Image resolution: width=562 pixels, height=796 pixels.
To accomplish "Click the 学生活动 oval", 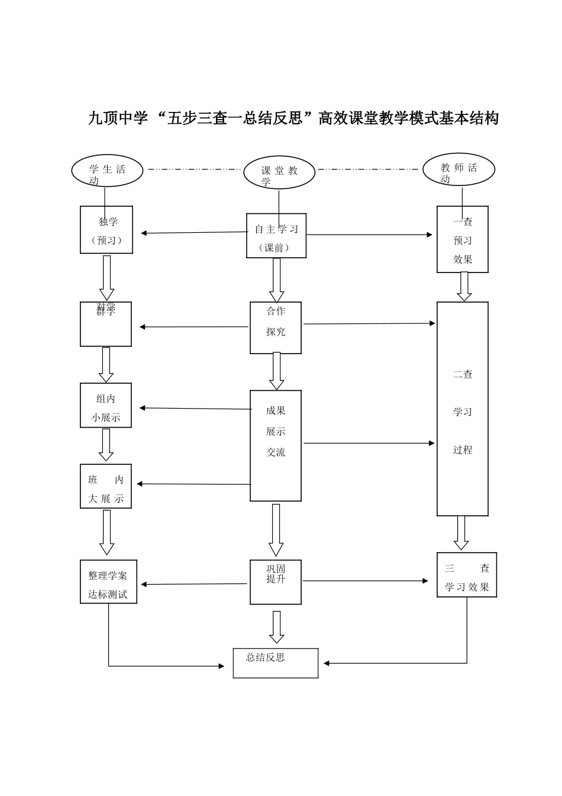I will tap(107, 171).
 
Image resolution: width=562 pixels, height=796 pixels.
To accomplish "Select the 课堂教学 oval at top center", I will tap(279, 173).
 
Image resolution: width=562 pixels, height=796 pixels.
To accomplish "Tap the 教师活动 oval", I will tap(458, 169).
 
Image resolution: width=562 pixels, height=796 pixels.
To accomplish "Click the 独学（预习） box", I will tap(106, 230).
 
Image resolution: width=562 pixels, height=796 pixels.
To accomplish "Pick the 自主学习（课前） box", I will tap(276, 236).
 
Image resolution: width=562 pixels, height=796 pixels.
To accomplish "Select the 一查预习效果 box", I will tap(463, 239).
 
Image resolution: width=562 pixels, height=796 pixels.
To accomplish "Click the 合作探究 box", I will tap(276, 328).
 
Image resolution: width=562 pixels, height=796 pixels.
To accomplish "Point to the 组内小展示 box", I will tap(106, 405).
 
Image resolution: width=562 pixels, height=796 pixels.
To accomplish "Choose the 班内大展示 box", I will tap(106, 486).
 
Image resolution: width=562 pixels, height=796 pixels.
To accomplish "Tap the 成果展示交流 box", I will tap(276, 445).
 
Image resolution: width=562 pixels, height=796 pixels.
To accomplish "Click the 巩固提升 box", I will tap(276, 582).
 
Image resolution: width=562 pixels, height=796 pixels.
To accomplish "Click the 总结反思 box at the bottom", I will tap(276, 663).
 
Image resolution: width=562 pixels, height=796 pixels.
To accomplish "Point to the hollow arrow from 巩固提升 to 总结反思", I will tap(276, 627).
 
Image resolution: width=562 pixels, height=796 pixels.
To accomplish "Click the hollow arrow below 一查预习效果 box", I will tap(464, 287).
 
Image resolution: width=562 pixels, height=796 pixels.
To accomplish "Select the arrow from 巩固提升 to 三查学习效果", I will tap(365, 581).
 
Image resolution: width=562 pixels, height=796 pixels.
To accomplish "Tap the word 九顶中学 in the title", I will tap(117, 118).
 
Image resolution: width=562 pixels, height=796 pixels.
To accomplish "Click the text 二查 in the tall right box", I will tap(463, 374).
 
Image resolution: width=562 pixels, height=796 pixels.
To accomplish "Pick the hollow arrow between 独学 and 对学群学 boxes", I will tap(107, 278).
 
